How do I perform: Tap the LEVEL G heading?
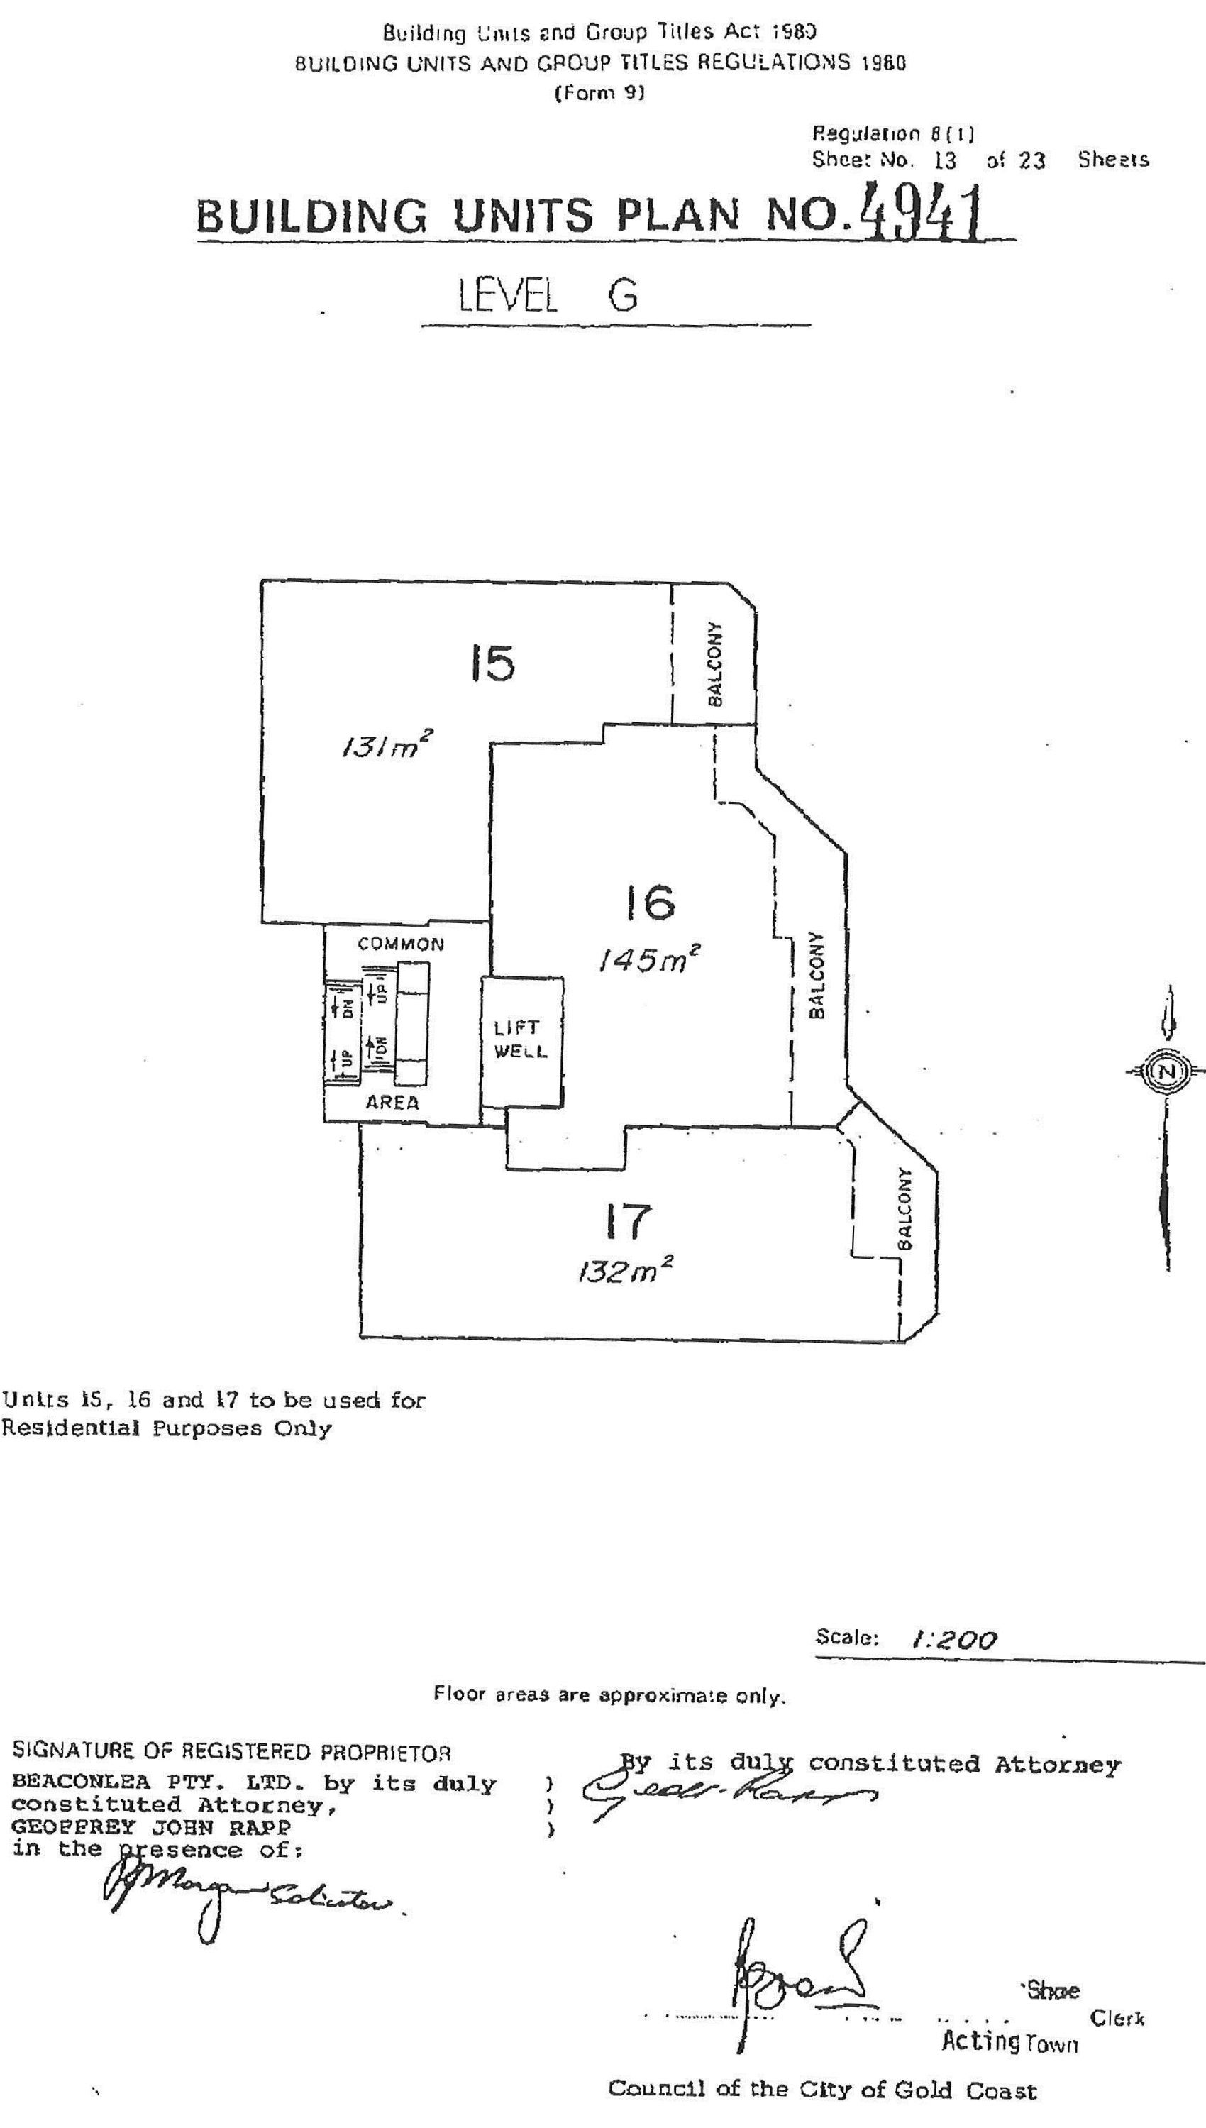click(548, 295)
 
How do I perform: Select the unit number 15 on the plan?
click(493, 664)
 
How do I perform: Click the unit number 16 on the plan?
click(651, 903)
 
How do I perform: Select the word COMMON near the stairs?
click(401, 944)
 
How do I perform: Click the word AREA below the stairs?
click(392, 1103)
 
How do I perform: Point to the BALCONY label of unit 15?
click(717, 663)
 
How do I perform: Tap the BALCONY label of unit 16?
click(817, 975)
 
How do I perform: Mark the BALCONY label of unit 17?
click(905, 1208)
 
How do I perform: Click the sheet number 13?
click(944, 160)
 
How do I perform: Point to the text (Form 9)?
click(599, 93)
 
